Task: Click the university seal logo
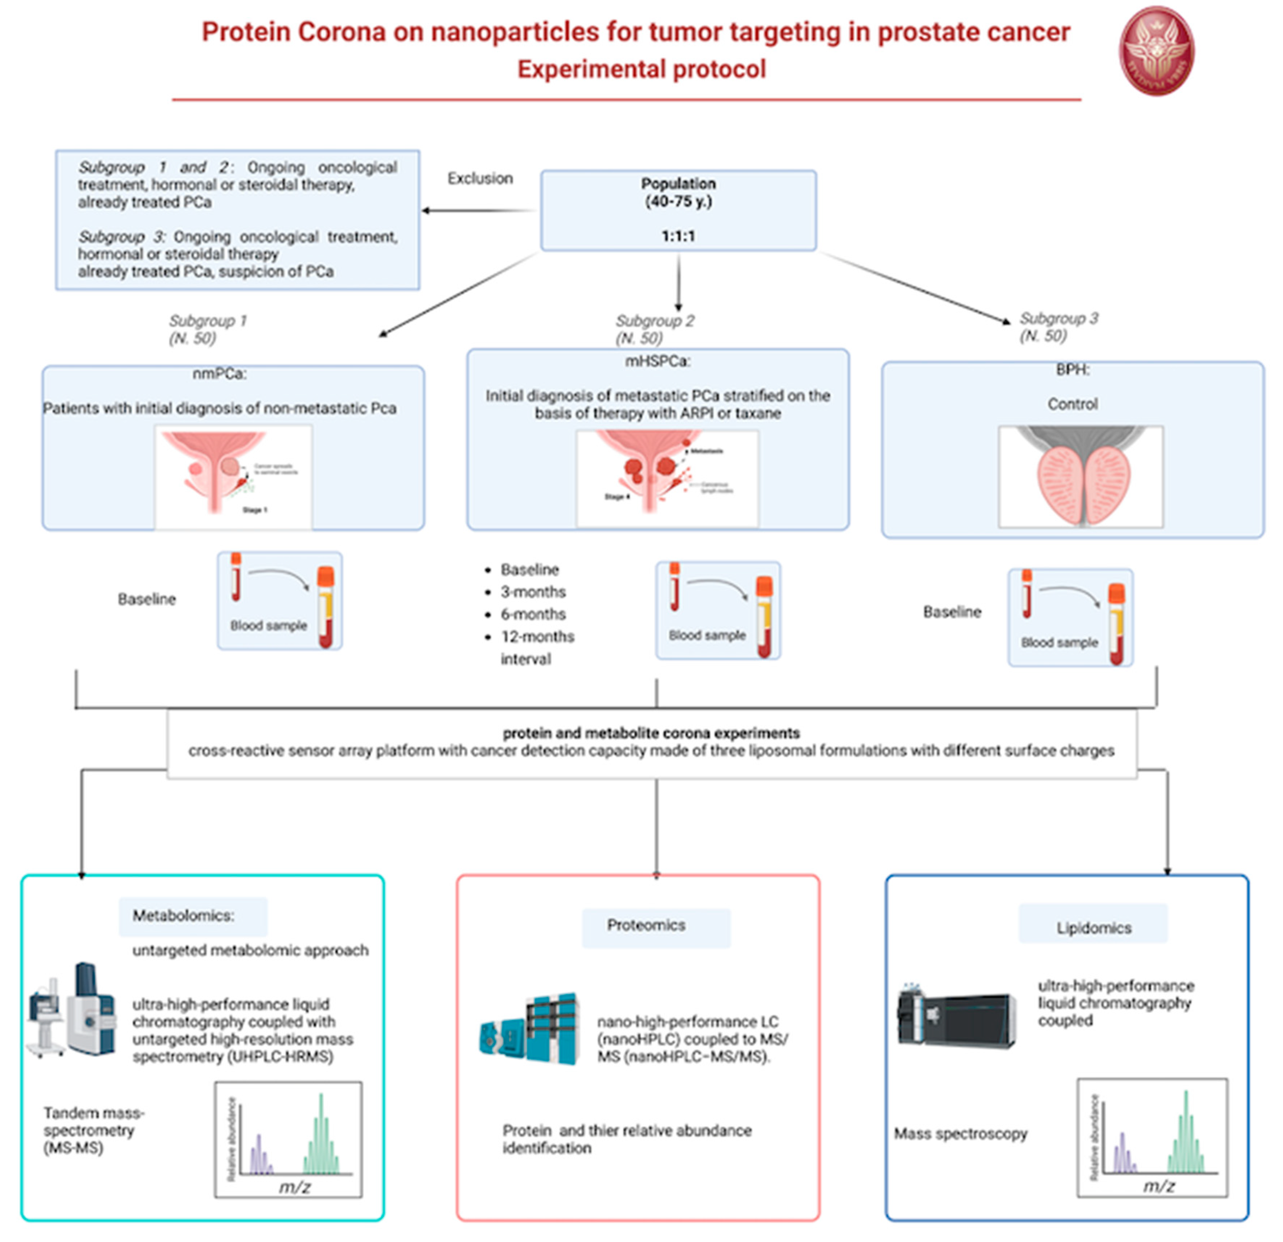coord(1156,51)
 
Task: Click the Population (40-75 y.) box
coord(678,210)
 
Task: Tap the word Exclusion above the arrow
coord(480,178)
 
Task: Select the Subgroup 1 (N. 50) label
coord(207,329)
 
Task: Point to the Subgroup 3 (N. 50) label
coord(1058,327)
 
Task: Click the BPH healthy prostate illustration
coord(1081,477)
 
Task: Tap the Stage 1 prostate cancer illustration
coord(234,477)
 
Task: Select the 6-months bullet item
coord(533,614)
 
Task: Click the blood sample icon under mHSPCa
coord(718,610)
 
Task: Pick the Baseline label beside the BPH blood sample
coord(952,612)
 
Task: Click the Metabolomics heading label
coord(183,915)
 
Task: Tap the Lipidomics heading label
coord(1093,927)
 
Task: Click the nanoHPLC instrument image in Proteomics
coord(530,1028)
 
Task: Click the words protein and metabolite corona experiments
coord(651,733)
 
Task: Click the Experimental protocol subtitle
coord(641,69)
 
